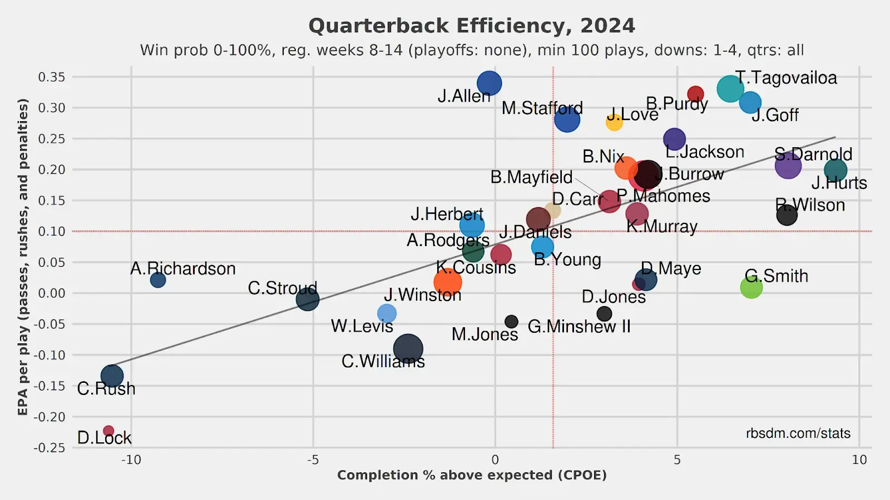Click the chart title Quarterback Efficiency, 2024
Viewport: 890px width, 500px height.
[x=472, y=26]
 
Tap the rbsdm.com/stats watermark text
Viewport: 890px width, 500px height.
[x=798, y=433]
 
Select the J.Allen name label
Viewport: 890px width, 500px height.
[x=464, y=96]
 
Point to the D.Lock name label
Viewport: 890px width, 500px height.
[x=104, y=438]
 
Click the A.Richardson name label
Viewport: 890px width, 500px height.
[x=183, y=269]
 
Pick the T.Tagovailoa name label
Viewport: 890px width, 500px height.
[x=786, y=78]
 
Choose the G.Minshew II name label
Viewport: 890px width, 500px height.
[x=579, y=327]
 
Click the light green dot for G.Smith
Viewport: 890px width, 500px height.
[x=751, y=287]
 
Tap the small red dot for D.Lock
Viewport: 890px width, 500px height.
[x=108, y=431]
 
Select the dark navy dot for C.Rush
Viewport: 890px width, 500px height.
[x=112, y=376]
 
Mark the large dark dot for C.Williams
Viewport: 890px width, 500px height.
[x=408, y=349]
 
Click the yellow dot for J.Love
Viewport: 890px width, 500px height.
[x=614, y=122]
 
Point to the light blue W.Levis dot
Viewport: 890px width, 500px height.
[x=387, y=313]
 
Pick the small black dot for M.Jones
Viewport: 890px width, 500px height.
[x=511, y=322]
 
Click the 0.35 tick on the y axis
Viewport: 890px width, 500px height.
[x=51, y=77]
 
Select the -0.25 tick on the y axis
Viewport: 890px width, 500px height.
[x=50, y=448]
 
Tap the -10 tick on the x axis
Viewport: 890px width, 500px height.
[x=131, y=460]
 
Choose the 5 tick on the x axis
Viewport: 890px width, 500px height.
[x=677, y=460]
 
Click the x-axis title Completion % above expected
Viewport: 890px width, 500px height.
[x=472, y=476]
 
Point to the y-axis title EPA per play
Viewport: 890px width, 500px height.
[x=23, y=257]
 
